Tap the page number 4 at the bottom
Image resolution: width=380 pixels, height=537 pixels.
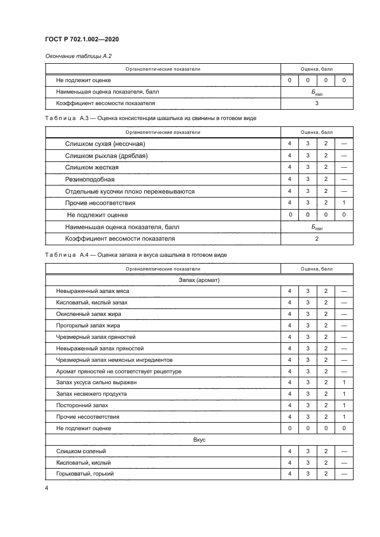tap(46, 488)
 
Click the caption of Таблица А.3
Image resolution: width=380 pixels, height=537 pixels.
tap(151, 118)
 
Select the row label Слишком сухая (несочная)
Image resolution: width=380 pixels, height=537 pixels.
tap(105, 143)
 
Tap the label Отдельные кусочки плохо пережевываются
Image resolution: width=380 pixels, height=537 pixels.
tap(130, 191)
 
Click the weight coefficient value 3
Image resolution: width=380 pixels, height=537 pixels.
tap(317, 103)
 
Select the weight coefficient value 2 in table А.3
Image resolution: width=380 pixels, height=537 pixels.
tap(317, 238)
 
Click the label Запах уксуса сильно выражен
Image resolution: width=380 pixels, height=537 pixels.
tap(93, 382)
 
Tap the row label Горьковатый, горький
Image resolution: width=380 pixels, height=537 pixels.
tap(85, 473)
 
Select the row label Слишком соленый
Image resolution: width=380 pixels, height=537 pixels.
tap(81, 451)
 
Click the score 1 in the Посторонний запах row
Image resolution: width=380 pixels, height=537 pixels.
tap(343, 405)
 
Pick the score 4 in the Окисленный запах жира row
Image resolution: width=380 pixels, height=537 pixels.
tap(290, 314)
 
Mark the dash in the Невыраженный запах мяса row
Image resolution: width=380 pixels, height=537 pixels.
tap(343, 291)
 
